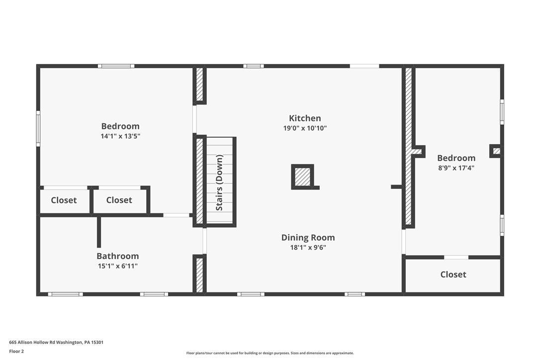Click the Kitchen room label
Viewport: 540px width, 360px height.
click(305, 118)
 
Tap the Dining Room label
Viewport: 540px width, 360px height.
click(308, 238)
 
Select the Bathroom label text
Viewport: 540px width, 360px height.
click(117, 256)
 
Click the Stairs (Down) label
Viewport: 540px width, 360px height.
click(219, 182)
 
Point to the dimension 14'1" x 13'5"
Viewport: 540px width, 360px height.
click(120, 136)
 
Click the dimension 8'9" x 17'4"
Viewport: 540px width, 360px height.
click(456, 168)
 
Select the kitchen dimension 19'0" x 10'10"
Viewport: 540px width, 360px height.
click(305, 128)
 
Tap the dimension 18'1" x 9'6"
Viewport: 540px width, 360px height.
click(308, 248)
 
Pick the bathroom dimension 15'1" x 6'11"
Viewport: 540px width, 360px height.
click(117, 266)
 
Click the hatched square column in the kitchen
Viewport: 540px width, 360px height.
click(302, 177)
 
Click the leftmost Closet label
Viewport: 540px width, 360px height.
click(64, 200)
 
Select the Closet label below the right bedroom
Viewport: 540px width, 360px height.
click(453, 274)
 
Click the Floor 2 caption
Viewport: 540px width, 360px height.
click(16, 351)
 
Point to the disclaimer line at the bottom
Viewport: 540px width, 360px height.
click(270, 353)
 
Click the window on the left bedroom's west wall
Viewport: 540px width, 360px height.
click(38, 128)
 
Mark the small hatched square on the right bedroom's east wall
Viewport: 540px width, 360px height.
click(496, 151)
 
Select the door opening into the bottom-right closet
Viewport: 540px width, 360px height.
click(456, 257)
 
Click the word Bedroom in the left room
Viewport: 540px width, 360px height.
click(120, 126)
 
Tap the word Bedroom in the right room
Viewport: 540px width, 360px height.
click(456, 158)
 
